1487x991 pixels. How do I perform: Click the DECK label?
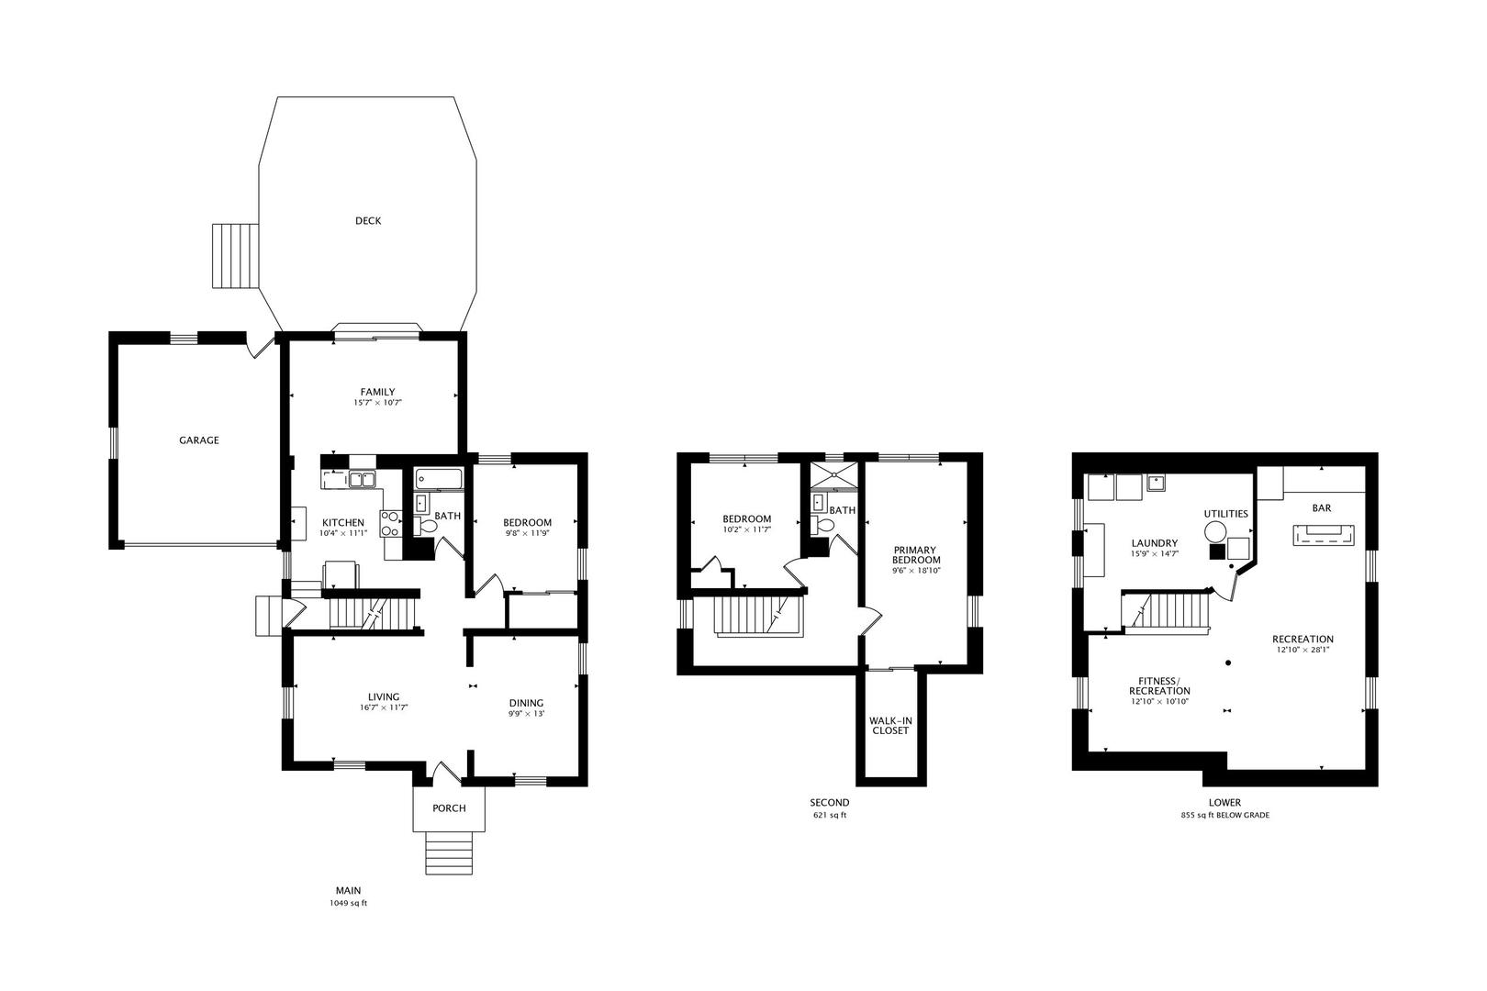click(x=368, y=221)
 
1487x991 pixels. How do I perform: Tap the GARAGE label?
click(x=198, y=440)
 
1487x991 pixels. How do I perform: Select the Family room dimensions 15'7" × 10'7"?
click(x=378, y=403)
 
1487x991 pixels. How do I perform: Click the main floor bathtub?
click(x=440, y=479)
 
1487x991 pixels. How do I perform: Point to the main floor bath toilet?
click(x=427, y=526)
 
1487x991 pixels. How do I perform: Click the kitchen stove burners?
click(x=390, y=523)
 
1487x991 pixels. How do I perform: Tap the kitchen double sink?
click(x=363, y=479)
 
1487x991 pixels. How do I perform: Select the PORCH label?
click(x=449, y=808)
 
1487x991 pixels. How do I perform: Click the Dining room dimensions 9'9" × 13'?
click(x=527, y=714)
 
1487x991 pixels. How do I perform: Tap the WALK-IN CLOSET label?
click(x=889, y=725)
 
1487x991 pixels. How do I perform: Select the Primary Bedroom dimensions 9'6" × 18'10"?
click(x=916, y=571)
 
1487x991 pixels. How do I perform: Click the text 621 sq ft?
click(x=830, y=815)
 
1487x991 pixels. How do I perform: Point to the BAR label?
click(x=1322, y=507)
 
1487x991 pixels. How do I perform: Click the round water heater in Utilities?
click(x=1215, y=532)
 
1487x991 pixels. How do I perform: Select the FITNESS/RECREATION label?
click(x=1159, y=685)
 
